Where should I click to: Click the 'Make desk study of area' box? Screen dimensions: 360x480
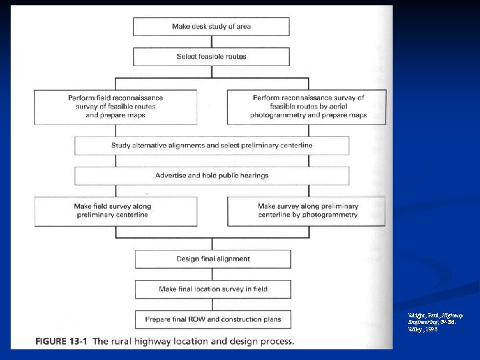click(211, 27)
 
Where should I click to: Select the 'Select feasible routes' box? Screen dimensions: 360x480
click(211, 57)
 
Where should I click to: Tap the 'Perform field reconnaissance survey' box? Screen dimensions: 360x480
click(115, 106)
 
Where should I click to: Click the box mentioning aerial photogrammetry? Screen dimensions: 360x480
click(308, 106)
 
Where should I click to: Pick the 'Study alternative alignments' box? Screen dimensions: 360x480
click(211, 145)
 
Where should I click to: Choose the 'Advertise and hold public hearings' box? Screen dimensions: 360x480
click(211, 175)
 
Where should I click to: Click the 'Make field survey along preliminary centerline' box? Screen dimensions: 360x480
click(115, 211)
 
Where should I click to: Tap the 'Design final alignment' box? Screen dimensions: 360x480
click(213, 259)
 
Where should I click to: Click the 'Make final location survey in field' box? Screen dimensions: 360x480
click(213, 289)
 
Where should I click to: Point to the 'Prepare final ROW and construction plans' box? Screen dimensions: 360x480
click(213, 319)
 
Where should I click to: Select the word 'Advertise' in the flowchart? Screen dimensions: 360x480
click(171, 175)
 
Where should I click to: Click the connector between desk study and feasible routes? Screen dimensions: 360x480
click(211, 42)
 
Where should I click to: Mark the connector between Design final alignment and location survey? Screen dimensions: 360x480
click(213, 274)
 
